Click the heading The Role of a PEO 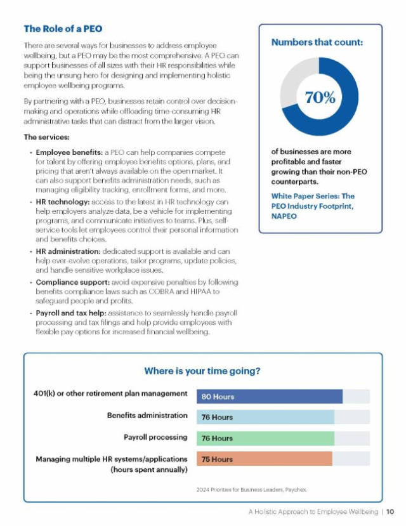[63, 29]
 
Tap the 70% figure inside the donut [320, 97]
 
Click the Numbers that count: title [317, 43]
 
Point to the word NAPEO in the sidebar [284, 216]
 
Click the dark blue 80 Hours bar [270, 397]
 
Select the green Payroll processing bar [266, 438]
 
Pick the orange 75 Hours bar [264, 459]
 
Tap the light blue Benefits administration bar [266, 417]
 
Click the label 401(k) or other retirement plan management [110, 393]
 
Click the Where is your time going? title [202, 371]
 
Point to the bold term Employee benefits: [69, 152]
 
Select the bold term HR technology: [63, 202]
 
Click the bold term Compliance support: [73, 282]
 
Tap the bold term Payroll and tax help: [71, 313]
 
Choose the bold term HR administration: [68, 251]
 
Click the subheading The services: [46, 137]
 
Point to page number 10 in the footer [390, 511]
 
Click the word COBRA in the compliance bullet [161, 291]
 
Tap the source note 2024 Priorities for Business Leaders [251, 490]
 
